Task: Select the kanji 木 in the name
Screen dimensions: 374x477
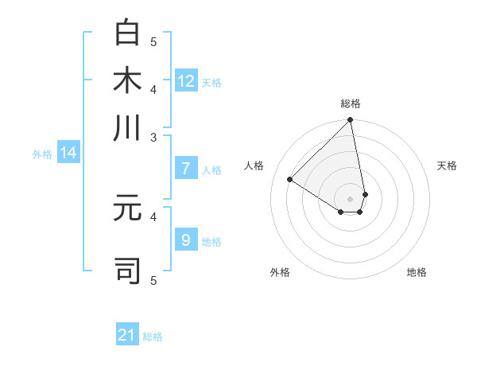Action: coord(127,80)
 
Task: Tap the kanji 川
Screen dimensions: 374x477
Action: coord(127,128)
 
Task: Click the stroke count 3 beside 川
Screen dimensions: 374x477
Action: coord(154,138)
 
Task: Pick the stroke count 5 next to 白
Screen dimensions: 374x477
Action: coord(154,41)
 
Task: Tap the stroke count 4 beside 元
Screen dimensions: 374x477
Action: coord(154,215)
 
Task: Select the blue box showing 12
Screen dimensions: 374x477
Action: coord(186,80)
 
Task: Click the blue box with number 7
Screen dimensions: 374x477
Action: coord(186,168)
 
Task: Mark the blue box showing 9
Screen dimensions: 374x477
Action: coord(186,240)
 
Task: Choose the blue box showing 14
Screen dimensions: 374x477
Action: coord(68,153)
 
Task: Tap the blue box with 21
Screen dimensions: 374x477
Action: coord(127,335)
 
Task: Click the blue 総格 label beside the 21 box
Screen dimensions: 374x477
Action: coord(153,337)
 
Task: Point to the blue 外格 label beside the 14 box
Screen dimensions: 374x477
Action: coord(42,154)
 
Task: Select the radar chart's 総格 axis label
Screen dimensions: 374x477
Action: coord(351,104)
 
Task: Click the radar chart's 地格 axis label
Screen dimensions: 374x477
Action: coord(417,272)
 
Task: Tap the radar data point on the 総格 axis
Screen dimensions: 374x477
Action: coord(350,121)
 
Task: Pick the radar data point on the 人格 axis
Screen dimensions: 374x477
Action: coord(290,180)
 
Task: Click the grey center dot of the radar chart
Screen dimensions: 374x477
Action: coord(350,198)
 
